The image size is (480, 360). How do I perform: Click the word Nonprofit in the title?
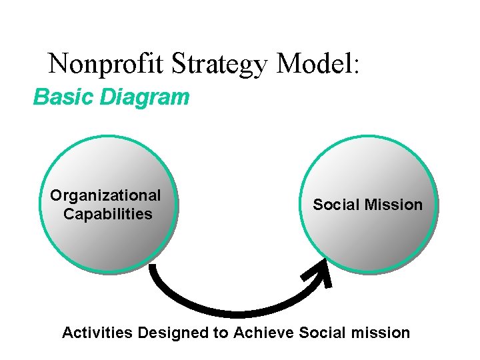(107, 64)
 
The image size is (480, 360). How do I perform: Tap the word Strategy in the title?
(220, 64)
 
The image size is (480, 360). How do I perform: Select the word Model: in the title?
(317, 64)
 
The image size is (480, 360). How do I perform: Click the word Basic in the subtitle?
(63, 97)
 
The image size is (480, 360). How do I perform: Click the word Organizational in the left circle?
(105, 195)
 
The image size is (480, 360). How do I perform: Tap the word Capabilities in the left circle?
(107, 214)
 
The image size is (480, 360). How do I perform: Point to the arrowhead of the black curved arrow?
(319, 273)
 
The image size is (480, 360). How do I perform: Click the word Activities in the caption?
(97, 332)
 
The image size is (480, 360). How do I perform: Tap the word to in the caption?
(220, 332)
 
